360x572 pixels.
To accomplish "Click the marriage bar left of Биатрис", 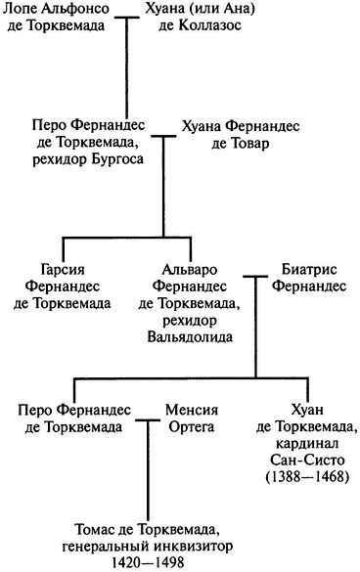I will [256, 278].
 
